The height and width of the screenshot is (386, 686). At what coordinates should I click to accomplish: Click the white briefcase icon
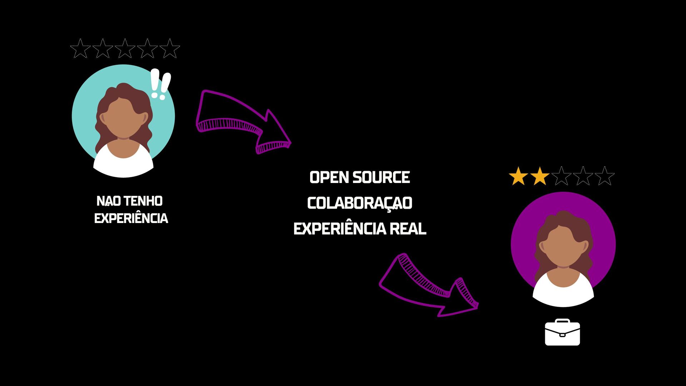click(562, 333)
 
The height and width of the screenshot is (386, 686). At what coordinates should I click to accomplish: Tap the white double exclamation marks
click(160, 84)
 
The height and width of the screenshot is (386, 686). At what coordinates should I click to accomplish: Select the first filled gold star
click(518, 176)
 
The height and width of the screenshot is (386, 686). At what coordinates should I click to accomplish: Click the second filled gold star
click(540, 176)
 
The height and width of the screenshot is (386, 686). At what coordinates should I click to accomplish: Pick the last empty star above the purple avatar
click(605, 176)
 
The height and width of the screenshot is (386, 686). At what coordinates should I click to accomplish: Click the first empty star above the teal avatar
click(80, 49)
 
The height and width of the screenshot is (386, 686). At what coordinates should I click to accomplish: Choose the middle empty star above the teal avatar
click(125, 49)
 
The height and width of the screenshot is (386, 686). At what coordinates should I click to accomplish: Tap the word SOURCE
click(381, 178)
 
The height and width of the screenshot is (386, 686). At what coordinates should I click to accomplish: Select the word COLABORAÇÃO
click(360, 203)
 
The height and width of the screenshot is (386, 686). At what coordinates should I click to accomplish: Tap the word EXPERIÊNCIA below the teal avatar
click(131, 218)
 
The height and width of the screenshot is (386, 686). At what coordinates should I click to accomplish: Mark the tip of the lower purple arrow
click(477, 306)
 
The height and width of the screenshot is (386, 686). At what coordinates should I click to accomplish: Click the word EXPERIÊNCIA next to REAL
click(339, 229)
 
